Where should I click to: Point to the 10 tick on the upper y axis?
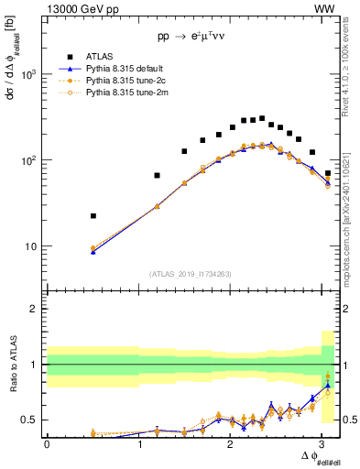31,246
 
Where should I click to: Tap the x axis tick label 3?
325,444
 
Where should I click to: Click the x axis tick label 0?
47,444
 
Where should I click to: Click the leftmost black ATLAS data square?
93,216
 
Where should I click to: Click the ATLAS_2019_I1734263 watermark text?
191,273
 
